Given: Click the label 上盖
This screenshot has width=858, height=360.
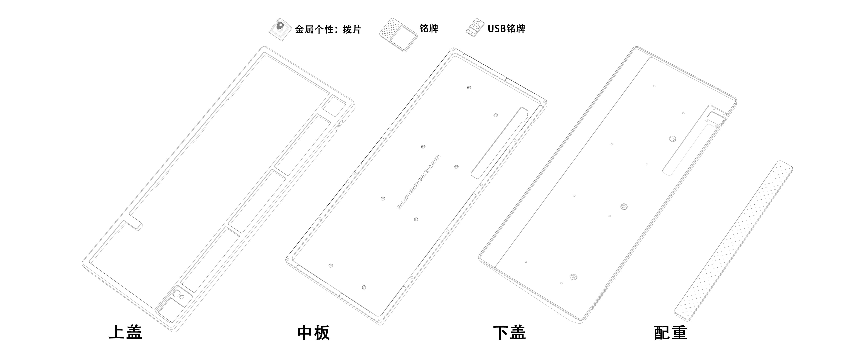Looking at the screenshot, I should pyautogui.click(x=126, y=332).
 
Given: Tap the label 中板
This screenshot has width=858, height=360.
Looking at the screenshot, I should pyautogui.click(x=313, y=332).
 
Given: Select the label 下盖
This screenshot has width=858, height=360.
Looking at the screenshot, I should pyautogui.click(x=509, y=332).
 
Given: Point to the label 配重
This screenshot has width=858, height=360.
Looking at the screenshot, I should pyautogui.click(x=671, y=332).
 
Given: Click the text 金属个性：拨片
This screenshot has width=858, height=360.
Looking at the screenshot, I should pyautogui.click(x=328, y=29).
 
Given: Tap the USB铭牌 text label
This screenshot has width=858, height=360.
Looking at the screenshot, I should pyautogui.click(x=506, y=29).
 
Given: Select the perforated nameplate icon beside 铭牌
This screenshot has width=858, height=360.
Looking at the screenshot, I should pyautogui.click(x=398, y=35).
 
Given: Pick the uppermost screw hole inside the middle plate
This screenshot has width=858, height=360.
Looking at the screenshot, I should pyautogui.click(x=469, y=88).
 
